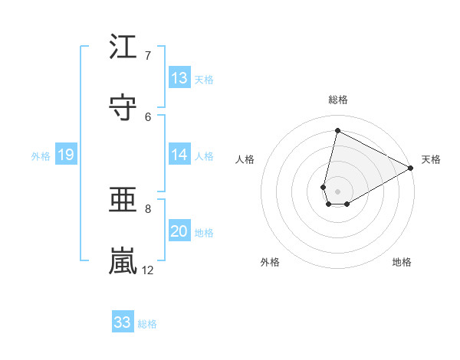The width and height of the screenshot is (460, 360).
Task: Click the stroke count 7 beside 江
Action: tap(149, 55)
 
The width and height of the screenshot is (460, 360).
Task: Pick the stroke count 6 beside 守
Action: tap(149, 116)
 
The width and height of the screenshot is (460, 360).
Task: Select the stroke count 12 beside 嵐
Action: tap(148, 270)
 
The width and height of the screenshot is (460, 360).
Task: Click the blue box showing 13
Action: tap(179, 78)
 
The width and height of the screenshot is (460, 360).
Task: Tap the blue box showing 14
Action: tap(179, 155)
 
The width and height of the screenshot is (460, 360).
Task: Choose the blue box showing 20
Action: tap(179, 231)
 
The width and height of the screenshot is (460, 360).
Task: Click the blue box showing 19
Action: tap(65, 155)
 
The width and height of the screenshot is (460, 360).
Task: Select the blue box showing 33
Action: tap(123, 322)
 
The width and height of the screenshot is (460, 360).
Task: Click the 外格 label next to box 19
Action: tap(41, 156)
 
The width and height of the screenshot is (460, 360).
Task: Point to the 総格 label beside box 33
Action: tap(147, 324)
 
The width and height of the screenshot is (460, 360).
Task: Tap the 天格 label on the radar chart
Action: tap(431, 159)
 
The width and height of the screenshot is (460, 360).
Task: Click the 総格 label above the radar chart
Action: tap(337, 100)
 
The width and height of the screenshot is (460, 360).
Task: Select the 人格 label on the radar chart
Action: tap(245, 159)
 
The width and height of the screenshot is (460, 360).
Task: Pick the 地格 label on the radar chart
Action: tap(402, 262)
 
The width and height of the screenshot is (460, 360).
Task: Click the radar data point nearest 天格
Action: tap(411, 169)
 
